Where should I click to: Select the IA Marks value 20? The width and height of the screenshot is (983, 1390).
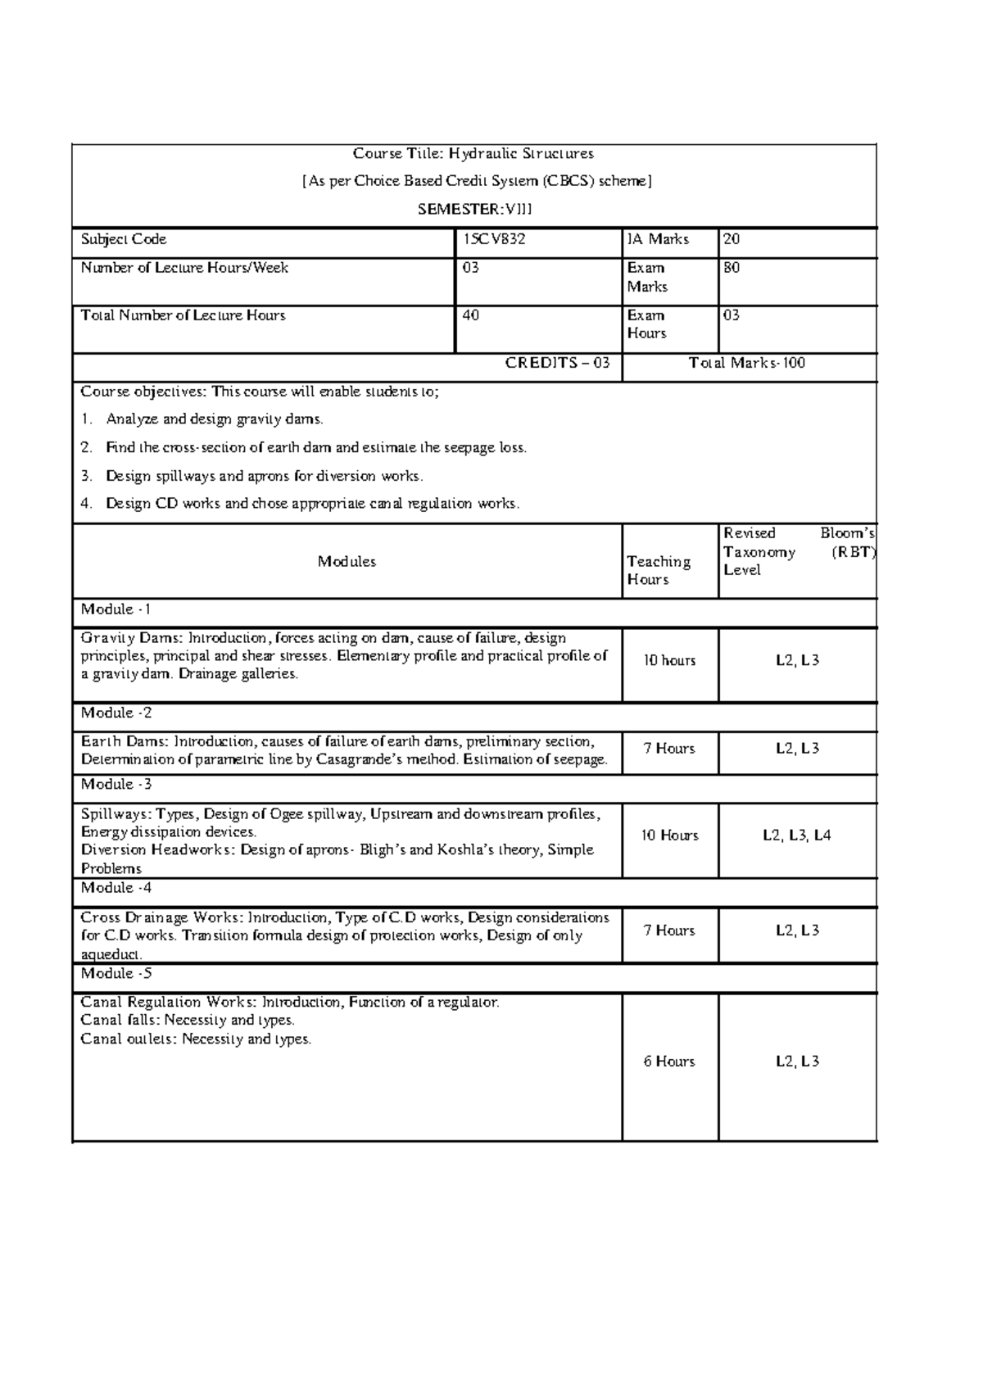[x=731, y=239]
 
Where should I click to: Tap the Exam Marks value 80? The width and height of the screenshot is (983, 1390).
[x=731, y=268]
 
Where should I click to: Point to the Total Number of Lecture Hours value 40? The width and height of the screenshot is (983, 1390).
[x=471, y=315]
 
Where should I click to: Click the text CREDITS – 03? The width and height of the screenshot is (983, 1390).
[x=557, y=363]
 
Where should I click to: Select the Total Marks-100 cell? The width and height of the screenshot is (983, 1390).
[x=747, y=363]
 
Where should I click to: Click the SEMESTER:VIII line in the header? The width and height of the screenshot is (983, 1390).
[x=474, y=209]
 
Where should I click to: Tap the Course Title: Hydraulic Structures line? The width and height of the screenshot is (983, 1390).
[x=473, y=153]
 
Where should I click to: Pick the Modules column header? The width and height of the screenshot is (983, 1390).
[x=347, y=562]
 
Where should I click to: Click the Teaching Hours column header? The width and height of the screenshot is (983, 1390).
[x=658, y=570]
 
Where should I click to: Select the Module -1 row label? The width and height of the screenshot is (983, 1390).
[x=116, y=609]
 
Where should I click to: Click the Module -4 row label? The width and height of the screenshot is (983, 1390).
[x=116, y=888]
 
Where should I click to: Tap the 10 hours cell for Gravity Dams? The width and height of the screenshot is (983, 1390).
[x=669, y=660]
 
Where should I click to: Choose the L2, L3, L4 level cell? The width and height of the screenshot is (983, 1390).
[x=796, y=835]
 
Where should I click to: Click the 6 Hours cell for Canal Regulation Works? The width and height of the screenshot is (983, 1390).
[x=669, y=1062]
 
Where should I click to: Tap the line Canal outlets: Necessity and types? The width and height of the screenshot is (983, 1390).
[x=196, y=1039]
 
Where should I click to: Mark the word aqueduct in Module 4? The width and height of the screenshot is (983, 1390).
[x=111, y=955]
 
